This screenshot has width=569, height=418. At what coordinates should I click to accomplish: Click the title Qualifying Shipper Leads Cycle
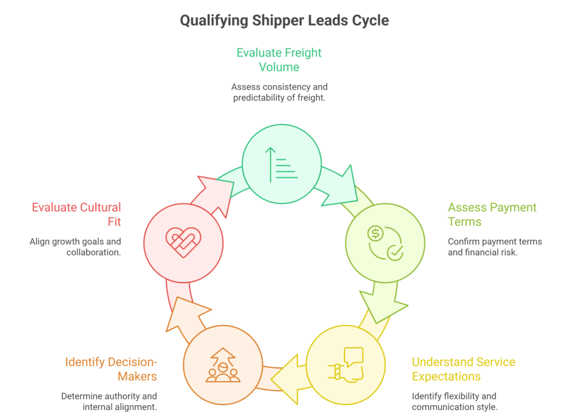pos(284,21)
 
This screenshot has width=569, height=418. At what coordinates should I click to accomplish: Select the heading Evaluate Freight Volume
pos(279,60)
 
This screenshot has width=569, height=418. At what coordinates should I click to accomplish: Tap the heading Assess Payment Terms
pos(492,215)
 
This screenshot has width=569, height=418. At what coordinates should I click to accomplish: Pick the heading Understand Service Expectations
pos(463,369)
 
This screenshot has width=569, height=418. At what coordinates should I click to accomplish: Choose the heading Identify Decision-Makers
pos(111,369)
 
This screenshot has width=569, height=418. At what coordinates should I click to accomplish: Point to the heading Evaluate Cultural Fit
pos(76,215)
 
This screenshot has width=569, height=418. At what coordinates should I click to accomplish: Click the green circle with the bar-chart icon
pos(282,164)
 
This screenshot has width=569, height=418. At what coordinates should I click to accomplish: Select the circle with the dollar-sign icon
pos(385,242)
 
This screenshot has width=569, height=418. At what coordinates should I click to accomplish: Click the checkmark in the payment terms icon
pos(395,252)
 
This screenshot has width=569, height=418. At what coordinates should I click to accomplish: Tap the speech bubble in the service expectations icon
pos(353,356)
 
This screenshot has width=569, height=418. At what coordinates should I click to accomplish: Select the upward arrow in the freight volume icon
pos(271,165)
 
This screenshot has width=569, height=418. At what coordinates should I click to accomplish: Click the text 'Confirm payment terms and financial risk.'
pos(495,247)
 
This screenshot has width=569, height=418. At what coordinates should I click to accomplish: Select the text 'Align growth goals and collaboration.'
pos(75,247)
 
